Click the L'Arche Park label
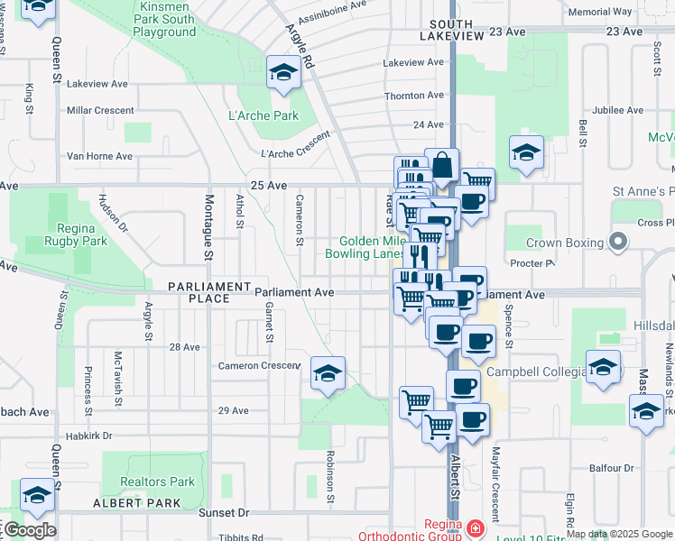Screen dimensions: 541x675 click(x=264, y=115)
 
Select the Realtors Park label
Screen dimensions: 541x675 click(x=158, y=482)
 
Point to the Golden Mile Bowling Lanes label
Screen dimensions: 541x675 click(x=371, y=248)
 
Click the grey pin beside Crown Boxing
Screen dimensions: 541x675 click(x=617, y=241)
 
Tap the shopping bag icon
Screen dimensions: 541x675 click(x=442, y=166)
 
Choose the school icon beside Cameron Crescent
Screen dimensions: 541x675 click(x=328, y=374)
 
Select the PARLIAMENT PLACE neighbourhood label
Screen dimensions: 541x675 click(x=208, y=287)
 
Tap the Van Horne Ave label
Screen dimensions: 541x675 click(x=99, y=156)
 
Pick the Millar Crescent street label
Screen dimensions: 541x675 click(x=100, y=111)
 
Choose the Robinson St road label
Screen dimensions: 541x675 click(x=331, y=476)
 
